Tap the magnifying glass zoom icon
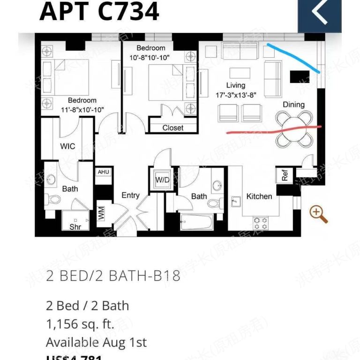[x=318, y=214]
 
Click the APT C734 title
[x=99, y=11]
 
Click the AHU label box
[x=103, y=172]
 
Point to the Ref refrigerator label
[x=285, y=175]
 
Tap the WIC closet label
[x=67, y=146]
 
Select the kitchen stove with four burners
[x=260, y=222]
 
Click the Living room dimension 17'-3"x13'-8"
[x=236, y=95]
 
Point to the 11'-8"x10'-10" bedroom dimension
[x=82, y=109]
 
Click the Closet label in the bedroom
[x=173, y=127]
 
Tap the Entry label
[x=130, y=195]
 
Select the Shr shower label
[x=75, y=227]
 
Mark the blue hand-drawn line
[x=294, y=57]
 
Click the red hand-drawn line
[x=274, y=130]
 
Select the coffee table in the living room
[x=240, y=72]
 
